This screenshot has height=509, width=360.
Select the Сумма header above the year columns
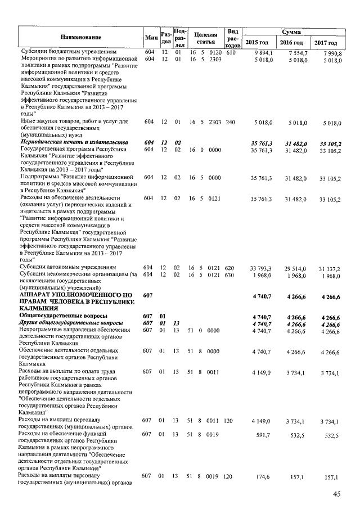294,33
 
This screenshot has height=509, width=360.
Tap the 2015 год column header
257,43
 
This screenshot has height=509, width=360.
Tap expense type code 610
230,52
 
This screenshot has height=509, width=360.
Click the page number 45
336,494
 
